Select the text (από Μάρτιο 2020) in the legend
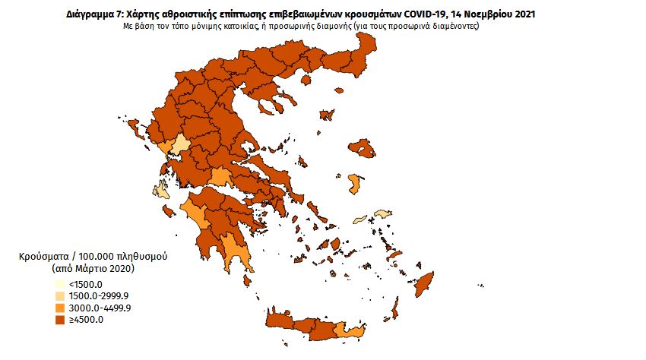(x=92, y=268)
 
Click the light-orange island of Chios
(x=354, y=184)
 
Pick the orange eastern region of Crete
(x=352, y=330)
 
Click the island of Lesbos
(x=363, y=147)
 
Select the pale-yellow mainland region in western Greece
(x=181, y=146)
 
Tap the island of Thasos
(x=328, y=115)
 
